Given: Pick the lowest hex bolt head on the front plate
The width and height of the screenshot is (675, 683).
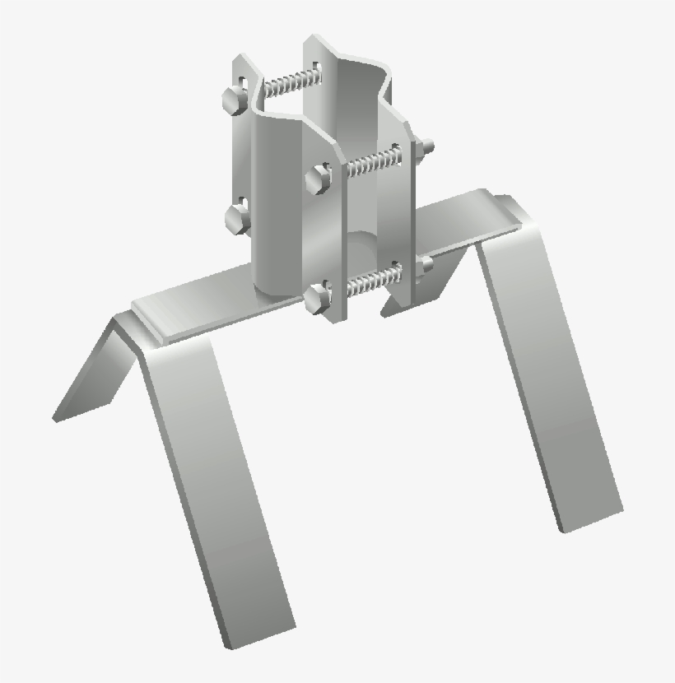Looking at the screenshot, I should pyautogui.click(x=316, y=300).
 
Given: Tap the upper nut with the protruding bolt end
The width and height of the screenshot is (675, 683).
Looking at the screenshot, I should pyautogui.click(x=426, y=148).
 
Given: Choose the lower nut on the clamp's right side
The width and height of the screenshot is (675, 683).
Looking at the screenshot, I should pyautogui.click(x=425, y=264).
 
